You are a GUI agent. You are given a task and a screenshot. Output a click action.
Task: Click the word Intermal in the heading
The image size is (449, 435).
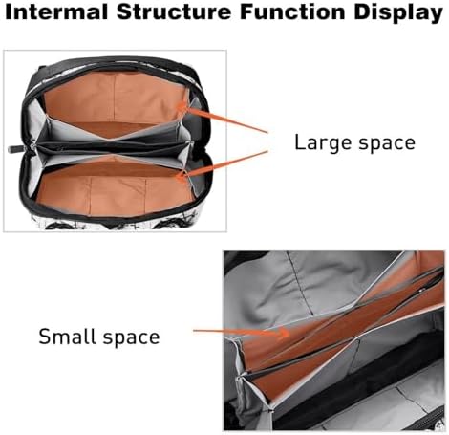click(56, 11)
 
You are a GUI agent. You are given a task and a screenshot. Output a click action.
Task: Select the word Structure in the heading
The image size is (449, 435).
click(174, 11)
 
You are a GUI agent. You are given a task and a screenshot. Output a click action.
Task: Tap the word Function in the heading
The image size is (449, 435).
click(292, 11)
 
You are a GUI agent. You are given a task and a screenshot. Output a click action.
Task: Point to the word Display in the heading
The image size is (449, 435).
click(398, 13)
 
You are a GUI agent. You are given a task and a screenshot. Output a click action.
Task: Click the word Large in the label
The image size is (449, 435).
click(322, 142)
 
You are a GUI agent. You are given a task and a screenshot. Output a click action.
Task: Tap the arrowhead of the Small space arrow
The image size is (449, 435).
click(283, 333)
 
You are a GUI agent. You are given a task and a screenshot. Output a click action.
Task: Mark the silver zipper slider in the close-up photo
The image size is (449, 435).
click(421, 290)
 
